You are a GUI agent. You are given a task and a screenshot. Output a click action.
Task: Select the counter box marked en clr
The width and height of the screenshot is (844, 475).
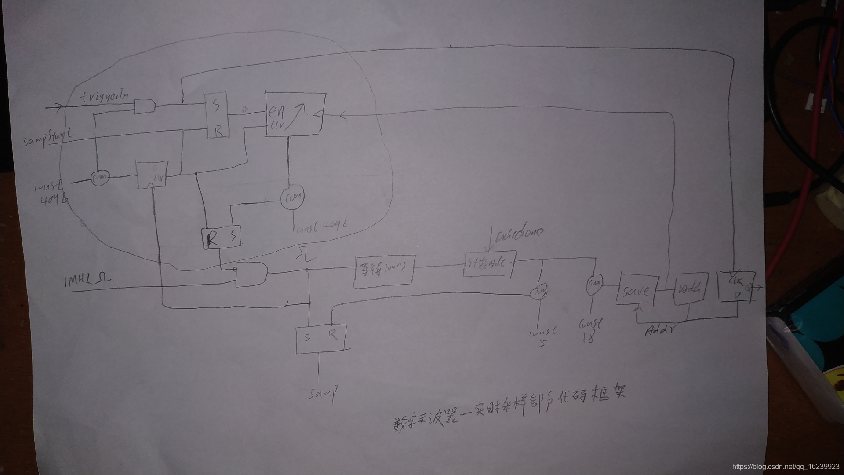coord(295,115)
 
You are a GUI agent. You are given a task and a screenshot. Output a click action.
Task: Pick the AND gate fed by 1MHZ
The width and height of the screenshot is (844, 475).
coord(251,274)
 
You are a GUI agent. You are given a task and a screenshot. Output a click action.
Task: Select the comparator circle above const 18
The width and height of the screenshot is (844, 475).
coord(594,284)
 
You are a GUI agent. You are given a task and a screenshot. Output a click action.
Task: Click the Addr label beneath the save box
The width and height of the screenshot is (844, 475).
coord(660,330)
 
